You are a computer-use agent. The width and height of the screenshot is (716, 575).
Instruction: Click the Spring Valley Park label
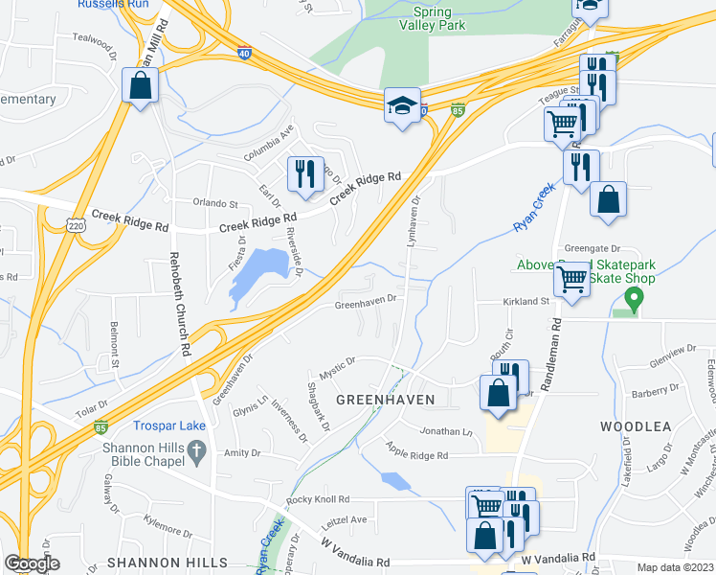(x=439, y=19)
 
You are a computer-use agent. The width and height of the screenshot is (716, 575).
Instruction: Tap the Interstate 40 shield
(x=246, y=55)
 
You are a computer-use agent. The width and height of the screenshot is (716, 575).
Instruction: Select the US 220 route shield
(x=76, y=225)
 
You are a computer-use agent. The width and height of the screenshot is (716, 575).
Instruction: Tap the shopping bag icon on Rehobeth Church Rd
(x=141, y=85)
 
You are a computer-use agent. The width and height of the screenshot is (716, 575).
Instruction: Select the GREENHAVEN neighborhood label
(x=384, y=399)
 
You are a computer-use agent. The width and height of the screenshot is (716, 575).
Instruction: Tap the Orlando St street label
(x=214, y=204)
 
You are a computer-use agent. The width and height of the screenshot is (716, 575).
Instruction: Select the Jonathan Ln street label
(x=446, y=432)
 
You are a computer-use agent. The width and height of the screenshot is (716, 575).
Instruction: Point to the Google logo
(x=32, y=564)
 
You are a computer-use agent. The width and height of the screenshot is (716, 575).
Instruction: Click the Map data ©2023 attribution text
(x=675, y=567)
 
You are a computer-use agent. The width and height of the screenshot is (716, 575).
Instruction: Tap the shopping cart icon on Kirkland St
(x=571, y=280)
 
